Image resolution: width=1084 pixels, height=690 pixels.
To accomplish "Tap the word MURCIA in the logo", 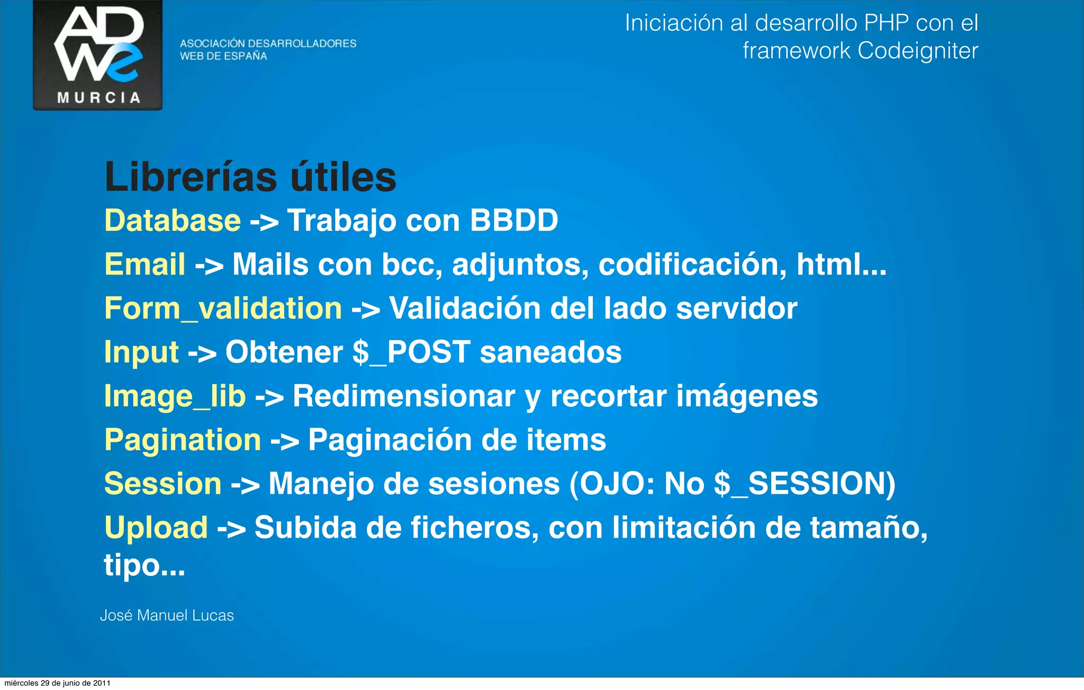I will [98, 97].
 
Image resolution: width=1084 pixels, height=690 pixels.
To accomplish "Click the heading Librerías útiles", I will [250, 177].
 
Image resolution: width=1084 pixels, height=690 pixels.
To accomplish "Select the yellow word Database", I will [173, 220].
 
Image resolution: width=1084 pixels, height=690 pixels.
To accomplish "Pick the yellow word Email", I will [144, 264].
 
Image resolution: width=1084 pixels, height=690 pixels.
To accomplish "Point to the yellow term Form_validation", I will [223, 308].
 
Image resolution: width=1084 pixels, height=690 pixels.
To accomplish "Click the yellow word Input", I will [141, 352].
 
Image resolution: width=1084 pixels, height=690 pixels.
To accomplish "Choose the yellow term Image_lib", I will [175, 396].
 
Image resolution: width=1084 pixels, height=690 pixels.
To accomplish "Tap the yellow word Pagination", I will [183, 440].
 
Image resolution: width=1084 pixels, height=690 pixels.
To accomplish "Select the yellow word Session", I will [162, 484].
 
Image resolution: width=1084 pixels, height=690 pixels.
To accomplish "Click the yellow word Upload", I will [156, 528].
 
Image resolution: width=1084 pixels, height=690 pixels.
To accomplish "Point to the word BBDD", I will [513, 220].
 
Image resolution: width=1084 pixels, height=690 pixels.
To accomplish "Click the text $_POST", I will [411, 352].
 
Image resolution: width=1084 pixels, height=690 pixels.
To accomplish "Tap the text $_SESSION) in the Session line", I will [804, 484].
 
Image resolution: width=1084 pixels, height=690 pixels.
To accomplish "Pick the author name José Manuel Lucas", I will [167, 615].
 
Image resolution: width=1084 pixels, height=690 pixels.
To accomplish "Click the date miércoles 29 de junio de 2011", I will [57, 683].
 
